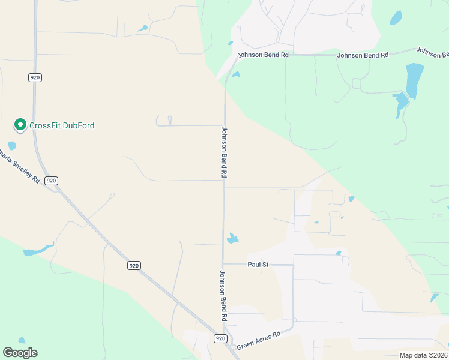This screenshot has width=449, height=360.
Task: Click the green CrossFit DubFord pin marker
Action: pos(20,125)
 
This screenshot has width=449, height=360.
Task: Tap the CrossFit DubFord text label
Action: pos(62,125)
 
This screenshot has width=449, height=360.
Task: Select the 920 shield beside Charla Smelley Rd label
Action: pos(51,181)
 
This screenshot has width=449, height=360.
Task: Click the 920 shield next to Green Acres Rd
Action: pos(220,339)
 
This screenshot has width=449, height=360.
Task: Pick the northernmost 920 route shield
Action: pos(34,77)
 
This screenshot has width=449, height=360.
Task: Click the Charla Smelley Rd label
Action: pos(20,169)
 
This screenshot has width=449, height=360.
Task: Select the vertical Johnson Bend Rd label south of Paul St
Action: pos(222,295)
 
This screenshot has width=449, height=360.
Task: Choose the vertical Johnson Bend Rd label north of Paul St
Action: pos(224,152)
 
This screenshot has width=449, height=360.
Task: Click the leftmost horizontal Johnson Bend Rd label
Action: pos(264,55)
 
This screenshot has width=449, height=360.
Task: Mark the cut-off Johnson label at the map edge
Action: pos(432,52)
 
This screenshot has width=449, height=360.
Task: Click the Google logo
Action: pos(20,353)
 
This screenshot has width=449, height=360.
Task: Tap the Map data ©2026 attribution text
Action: pos(423,355)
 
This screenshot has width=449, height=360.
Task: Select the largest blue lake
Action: pos(414,80)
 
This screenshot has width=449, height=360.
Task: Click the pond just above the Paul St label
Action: pos(232,239)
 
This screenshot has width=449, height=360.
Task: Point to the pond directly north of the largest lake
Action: pos(396,17)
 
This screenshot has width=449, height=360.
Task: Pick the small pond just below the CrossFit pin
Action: pos(11,145)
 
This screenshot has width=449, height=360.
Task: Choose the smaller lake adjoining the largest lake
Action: pos(400,104)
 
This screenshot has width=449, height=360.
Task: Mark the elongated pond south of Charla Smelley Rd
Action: pos(38,251)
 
